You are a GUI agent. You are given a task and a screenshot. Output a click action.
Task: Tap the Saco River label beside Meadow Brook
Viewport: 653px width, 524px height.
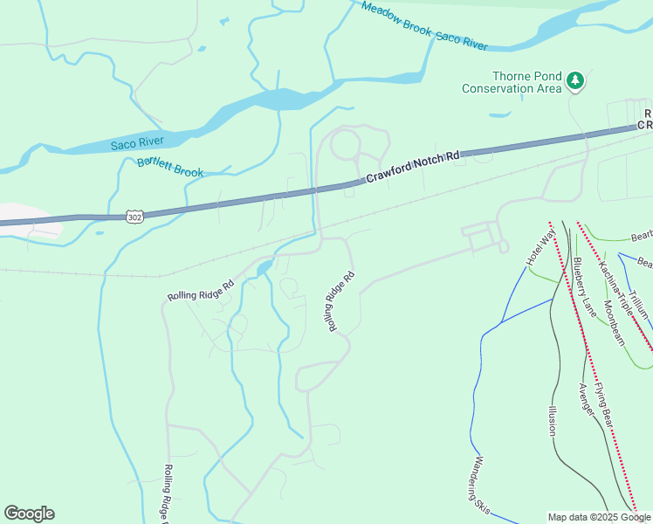[461, 38]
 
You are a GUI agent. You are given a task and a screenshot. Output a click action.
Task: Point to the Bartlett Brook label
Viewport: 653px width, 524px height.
[170, 166]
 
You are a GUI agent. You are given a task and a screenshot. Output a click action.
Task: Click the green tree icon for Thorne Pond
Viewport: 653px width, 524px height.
[574, 81]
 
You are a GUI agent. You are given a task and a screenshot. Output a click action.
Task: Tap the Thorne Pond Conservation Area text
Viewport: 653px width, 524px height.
[511, 82]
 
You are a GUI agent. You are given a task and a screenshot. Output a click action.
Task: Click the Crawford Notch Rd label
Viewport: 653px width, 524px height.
[412, 168]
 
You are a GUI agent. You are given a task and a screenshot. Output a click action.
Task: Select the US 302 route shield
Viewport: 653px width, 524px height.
[133, 215]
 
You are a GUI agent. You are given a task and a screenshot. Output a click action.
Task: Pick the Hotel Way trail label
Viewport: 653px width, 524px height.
[540, 249]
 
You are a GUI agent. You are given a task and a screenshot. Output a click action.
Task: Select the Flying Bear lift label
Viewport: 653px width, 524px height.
[607, 406]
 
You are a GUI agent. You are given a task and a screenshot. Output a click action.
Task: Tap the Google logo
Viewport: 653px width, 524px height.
[29, 514]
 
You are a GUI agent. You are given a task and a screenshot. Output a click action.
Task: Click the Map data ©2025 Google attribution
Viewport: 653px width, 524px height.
[599, 517]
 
